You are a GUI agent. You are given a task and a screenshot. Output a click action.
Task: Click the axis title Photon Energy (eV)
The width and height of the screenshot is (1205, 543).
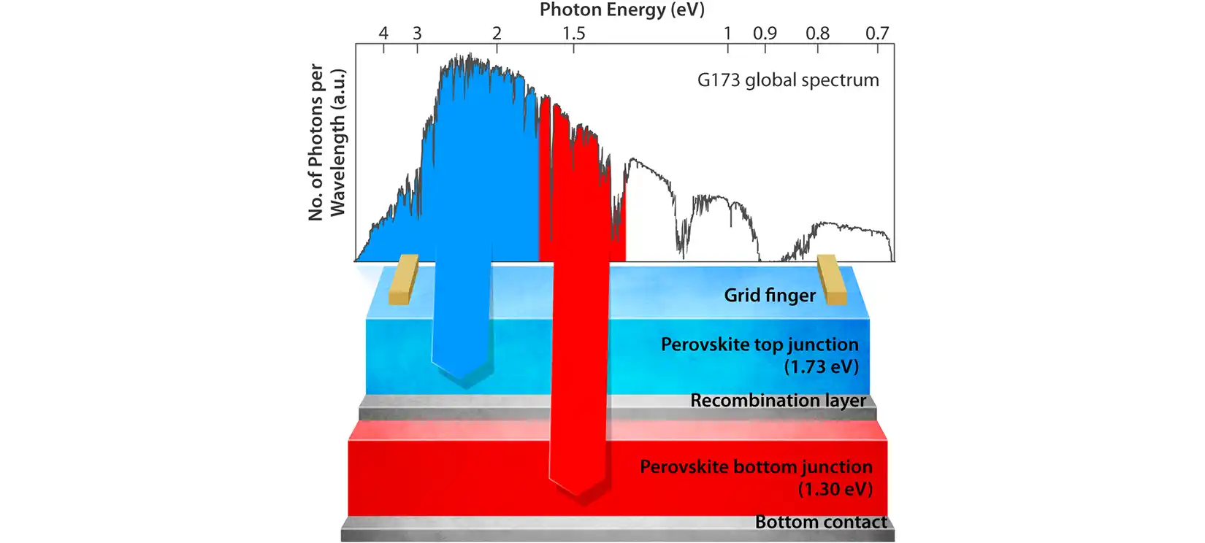tap(621, 9)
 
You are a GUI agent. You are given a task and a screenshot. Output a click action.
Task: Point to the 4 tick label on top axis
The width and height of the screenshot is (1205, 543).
tap(383, 33)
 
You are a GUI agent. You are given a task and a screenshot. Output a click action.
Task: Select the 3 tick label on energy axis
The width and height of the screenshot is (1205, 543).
tap(417, 33)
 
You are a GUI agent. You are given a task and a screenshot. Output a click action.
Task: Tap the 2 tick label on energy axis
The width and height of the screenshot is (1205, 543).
tap(497, 33)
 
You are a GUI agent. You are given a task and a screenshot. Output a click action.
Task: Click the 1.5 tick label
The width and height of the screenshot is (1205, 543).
tap(573, 33)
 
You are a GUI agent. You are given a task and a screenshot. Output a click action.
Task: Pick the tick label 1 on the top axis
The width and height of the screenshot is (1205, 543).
tap(727, 33)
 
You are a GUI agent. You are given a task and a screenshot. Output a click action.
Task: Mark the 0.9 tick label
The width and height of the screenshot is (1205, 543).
tap(765, 33)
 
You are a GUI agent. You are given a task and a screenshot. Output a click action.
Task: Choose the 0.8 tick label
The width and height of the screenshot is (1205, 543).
tap(817, 33)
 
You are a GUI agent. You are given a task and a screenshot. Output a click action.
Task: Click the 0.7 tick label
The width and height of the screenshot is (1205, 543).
tap(877, 33)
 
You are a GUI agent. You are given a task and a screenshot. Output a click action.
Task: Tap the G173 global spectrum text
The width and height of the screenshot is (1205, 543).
tap(788, 80)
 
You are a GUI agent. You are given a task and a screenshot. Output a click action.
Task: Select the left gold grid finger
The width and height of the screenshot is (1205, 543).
tap(403, 279)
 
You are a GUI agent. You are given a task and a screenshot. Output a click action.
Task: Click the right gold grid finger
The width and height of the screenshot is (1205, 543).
tap(831, 279)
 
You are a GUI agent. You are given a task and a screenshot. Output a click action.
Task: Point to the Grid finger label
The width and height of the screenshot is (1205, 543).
tap(770, 295)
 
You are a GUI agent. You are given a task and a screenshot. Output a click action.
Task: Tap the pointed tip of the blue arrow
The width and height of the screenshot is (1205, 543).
tap(461, 379)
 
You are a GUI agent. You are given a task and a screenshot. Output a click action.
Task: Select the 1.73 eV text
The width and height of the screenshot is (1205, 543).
tap(821, 366)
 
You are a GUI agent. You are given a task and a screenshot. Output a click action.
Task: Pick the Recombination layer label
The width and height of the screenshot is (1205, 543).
tap(778, 401)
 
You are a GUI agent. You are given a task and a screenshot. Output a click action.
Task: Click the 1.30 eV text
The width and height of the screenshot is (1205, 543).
tap(835, 488)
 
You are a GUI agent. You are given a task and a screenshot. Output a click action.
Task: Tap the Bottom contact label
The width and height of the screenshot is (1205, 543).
tap(821, 522)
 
